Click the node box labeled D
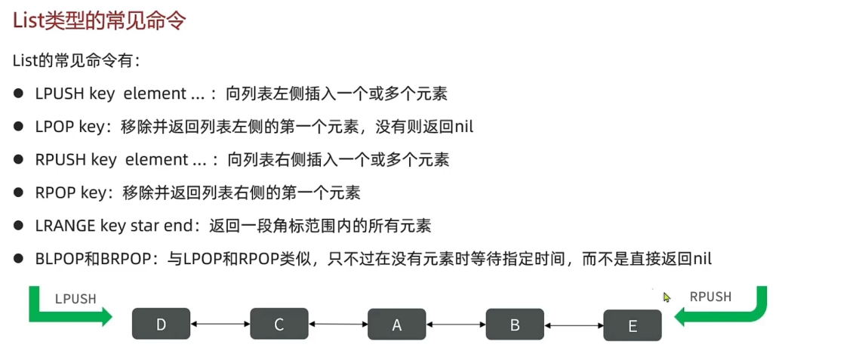click(x=161, y=324)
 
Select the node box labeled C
click(x=279, y=324)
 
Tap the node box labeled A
click(x=396, y=325)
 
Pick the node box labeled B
click(x=515, y=325)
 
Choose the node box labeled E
click(x=633, y=325)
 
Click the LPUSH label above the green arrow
click(x=75, y=298)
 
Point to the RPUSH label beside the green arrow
click(x=710, y=297)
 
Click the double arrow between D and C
click(x=220, y=325)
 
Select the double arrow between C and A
click(x=337, y=325)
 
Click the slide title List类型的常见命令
click(x=99, y=20)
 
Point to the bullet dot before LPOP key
click(x=19, y=127)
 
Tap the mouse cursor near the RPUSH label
click(x=667, y=297)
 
